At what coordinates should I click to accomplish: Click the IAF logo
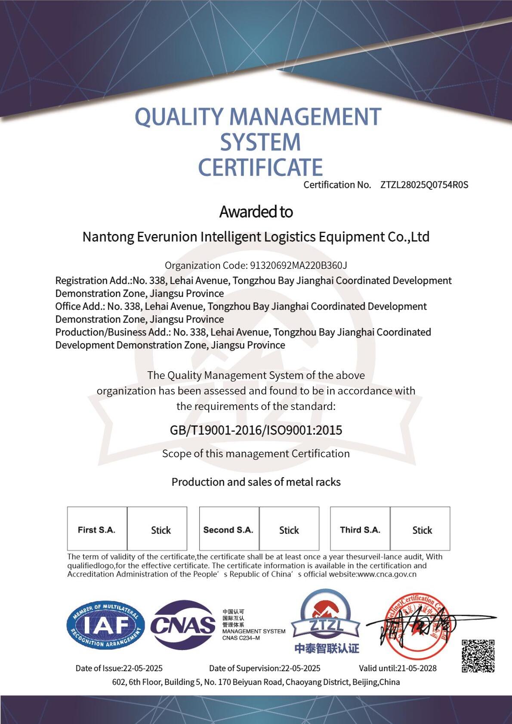coord(105,625)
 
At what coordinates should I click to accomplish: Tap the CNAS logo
coord(183,625)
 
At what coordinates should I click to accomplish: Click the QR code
coord(478,656)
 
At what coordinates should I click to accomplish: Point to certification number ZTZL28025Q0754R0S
coord(424,185)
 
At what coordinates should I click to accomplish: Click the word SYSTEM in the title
coord(260,142)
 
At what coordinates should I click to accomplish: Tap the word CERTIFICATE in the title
coord(260,167)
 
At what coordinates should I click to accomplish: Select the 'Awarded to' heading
coord(256,212)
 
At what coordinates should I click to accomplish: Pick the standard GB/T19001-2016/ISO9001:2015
coord(256,430)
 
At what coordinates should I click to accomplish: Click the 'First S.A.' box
coord(97,530)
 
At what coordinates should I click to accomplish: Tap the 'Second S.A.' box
coord(228,530)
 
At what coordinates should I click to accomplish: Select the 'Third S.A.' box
coord(360,530)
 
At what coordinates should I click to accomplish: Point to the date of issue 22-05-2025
coord(143,668)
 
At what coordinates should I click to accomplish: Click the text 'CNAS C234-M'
coord(241,638)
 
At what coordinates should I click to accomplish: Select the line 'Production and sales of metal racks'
coord(256,482)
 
